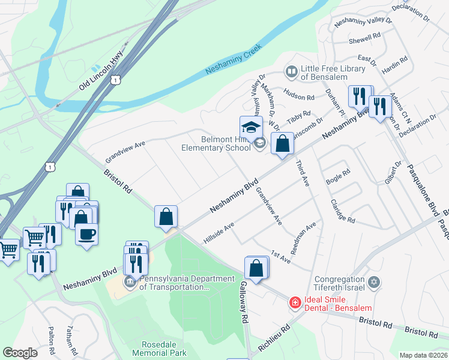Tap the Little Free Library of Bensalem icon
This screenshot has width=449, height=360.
292,72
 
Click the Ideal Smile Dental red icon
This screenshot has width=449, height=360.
295,303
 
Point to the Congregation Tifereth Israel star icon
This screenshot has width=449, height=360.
374,281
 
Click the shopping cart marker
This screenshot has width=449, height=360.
35,238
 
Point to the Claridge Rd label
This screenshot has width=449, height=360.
343,211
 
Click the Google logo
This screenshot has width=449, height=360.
20,353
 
